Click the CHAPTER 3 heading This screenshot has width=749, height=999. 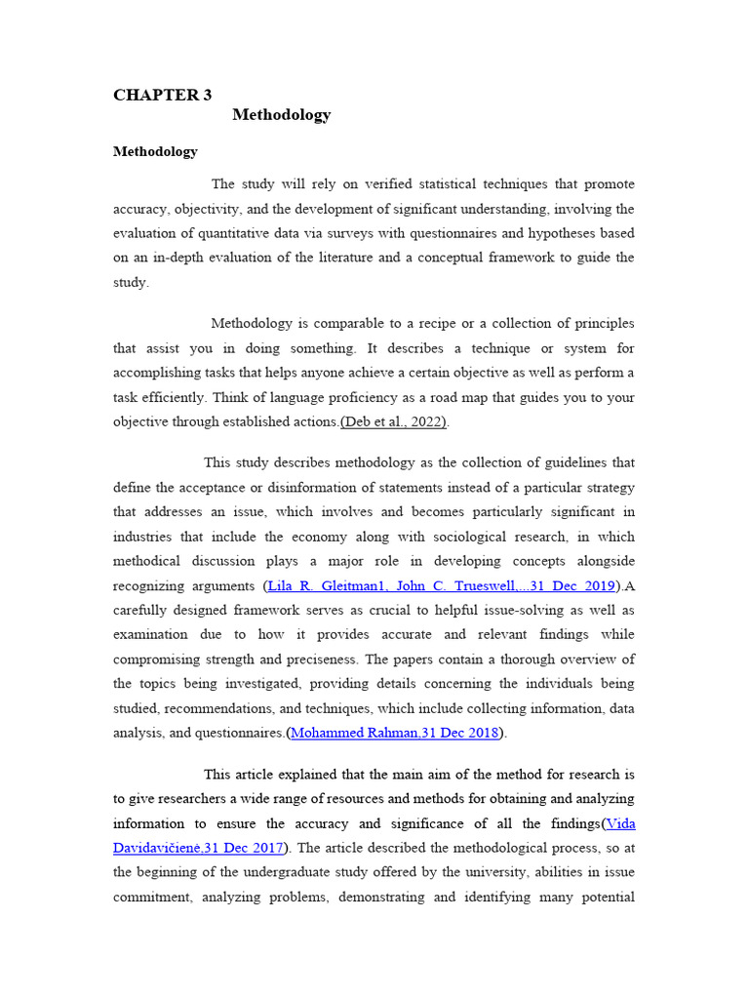(x=162, y=95)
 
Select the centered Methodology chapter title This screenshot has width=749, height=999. (x=282, y=115)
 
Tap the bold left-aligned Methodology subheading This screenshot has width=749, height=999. (x=155, y=151)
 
